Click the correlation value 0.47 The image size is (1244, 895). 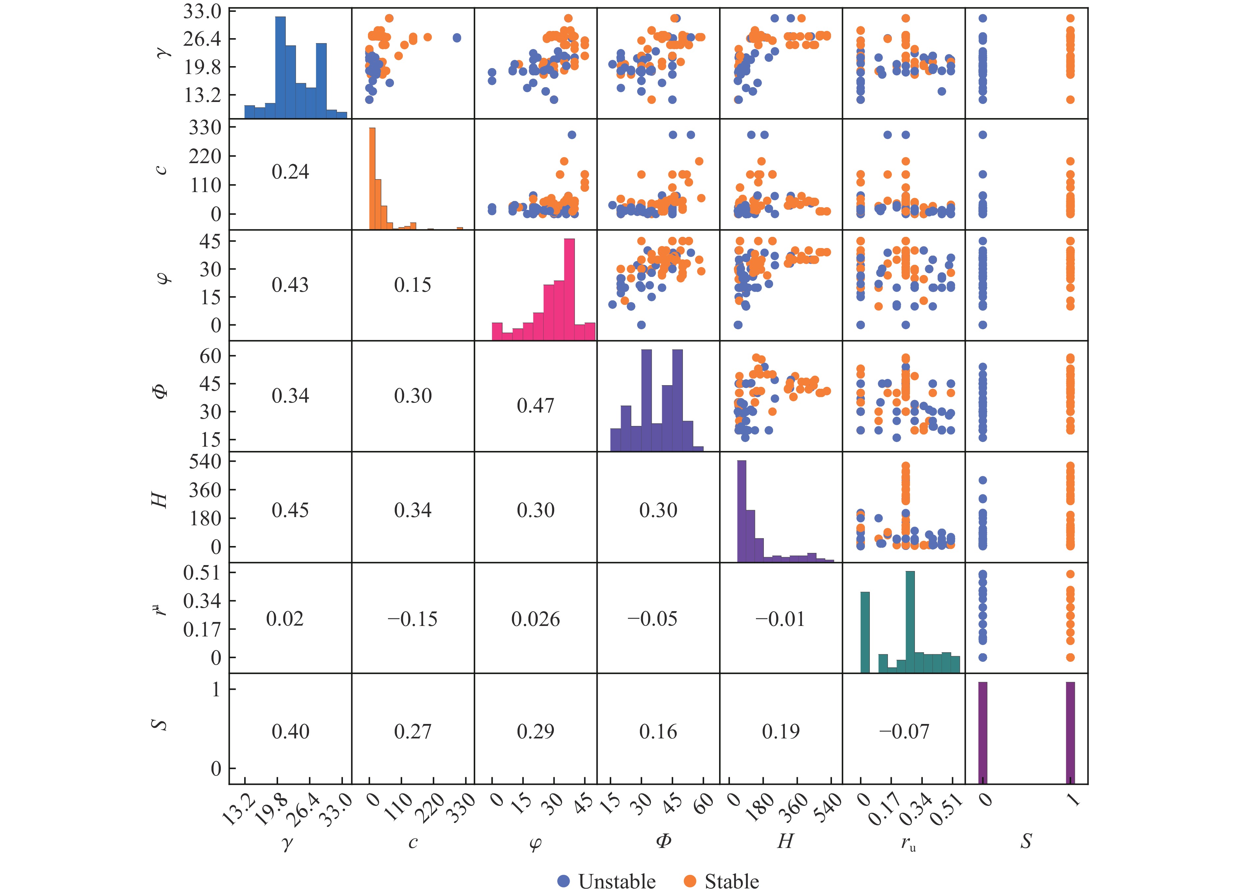(535, 406)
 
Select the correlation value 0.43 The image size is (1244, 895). (290, 285)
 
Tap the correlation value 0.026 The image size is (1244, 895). (535, 619)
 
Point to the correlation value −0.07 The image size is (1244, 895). (904, 731)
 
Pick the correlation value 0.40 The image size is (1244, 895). (290, 731)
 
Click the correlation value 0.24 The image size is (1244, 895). (290, 172)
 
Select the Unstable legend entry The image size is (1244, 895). (606, 881)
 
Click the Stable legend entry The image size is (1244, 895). (721, 881)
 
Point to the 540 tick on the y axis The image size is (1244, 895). (205, 461)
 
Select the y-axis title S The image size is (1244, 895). (159, 725)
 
